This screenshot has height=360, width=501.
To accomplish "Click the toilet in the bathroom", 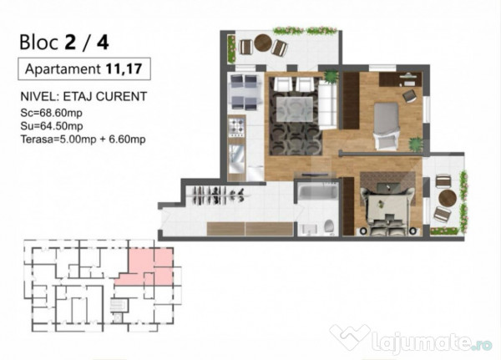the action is (x=330, y=226).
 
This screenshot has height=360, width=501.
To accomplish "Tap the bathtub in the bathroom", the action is (x=318, y=191).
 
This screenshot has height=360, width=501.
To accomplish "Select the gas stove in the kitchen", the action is (x=237, y=127).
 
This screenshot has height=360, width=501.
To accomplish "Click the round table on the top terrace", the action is (x=263, y=43).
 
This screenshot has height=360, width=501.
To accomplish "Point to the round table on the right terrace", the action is (x=448, y=198).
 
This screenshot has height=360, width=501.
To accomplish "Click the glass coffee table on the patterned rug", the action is (x=294, y=109).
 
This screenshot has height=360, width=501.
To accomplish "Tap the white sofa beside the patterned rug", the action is (x=327, y=104).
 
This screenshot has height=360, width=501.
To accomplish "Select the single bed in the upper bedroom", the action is (x=387, y=125).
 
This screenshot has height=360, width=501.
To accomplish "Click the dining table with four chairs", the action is (x=244, y=92).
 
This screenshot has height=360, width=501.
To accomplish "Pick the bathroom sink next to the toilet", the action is (x=308, y=229).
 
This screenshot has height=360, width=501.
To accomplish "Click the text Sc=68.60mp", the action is (x=52, y=113).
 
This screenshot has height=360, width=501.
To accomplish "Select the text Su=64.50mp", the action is (x=52, y=126).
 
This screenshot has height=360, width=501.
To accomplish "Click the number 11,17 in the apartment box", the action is (x=124, y=68).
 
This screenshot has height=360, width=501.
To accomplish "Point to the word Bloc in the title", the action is (x=38, y=43).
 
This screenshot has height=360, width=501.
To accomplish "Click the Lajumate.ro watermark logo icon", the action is (x=350, y=337).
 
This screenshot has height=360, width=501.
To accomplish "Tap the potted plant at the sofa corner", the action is (x=331, y=77).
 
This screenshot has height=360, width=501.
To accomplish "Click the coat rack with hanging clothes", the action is (x=218, y=195).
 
